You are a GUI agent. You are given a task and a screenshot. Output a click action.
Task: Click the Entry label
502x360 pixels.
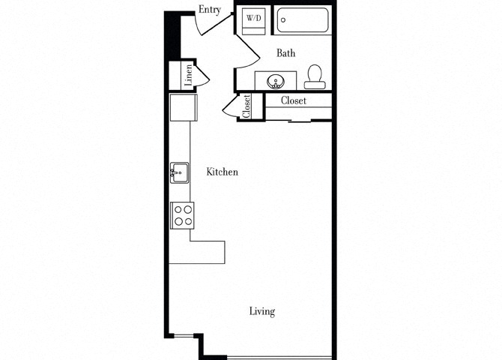[x=209, y=9]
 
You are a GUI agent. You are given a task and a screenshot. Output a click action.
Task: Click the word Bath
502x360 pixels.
[x=285, y=53]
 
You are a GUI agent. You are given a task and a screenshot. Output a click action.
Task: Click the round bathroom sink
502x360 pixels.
[x=275, y=80]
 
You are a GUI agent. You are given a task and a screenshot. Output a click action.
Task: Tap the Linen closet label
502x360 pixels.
[x=190, y=75]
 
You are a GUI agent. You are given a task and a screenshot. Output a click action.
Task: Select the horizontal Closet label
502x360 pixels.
[x=294, y=100]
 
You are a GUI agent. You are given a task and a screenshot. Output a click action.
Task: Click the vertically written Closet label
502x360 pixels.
[x=247, y=106]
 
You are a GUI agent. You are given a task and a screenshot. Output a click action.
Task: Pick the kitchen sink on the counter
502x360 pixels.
[x=179, y=173]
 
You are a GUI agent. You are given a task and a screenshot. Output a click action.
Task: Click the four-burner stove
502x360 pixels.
[x=184, y=216]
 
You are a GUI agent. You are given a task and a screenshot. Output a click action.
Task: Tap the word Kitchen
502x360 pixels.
[x=222, y=172]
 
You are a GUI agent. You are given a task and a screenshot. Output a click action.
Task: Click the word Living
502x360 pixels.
[x=262, y=311]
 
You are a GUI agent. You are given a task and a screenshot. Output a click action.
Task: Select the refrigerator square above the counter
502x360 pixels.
[x=182, y=106]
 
